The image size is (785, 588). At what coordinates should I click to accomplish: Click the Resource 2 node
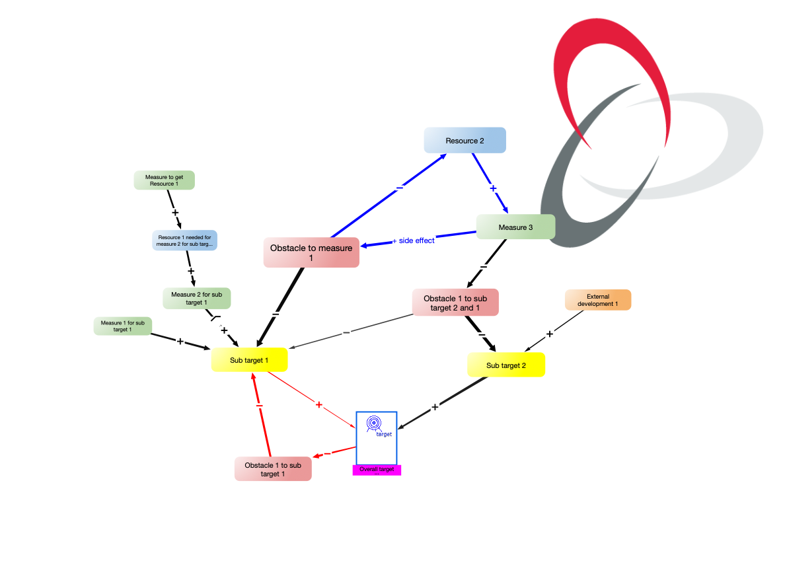(x=465, y=140)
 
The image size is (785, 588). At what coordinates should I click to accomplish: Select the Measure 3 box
(x=515, y=227)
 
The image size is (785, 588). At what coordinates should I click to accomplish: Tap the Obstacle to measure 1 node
(x=311, y=252)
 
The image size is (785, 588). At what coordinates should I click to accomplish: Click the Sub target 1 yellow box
(x=249, y=360)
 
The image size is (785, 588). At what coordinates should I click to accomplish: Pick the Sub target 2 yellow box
(x=506, y=365)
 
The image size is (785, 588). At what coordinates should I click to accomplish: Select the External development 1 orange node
(x=598, y=300)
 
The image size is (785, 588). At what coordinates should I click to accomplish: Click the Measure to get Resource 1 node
(x=165, y=180)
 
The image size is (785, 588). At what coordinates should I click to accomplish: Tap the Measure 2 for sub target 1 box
(x=197, y=298)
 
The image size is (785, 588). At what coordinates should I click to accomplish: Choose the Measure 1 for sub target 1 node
(x=123, y=326)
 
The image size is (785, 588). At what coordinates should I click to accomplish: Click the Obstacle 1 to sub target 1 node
(x=273, y=469)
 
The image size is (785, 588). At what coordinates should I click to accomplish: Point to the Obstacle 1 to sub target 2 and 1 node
(x=455, y=302)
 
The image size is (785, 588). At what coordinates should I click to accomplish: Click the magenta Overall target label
(x=377, y=470)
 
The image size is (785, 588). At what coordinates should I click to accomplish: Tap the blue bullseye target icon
(x=374, y=423)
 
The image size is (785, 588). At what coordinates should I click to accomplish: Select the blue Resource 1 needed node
(x=185, y=240)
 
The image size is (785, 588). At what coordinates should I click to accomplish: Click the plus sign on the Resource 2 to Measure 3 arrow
(x=493, y=188)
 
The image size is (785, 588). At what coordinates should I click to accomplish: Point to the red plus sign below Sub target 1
(x=319, y=404)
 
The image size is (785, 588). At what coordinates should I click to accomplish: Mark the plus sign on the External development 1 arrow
(x=549, y=334)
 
